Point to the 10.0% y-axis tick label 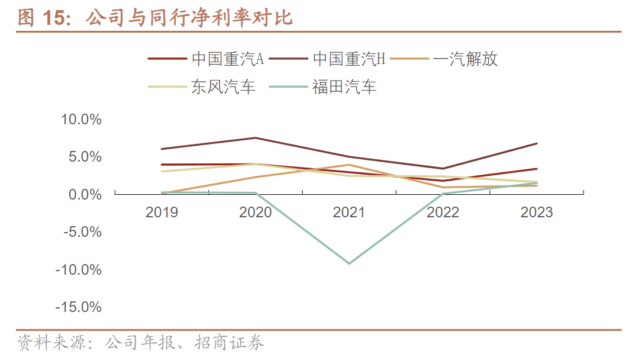[x=82, y=120]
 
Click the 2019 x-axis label [x=162, y=212]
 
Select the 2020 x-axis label [x=255, y=212]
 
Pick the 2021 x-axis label [x=349, y=212]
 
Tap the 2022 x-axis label [x=443, y=212]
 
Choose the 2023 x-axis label [x=537, y=212]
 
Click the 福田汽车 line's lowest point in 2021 [x=349, y=263]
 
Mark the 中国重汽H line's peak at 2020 [x=255, y=138]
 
